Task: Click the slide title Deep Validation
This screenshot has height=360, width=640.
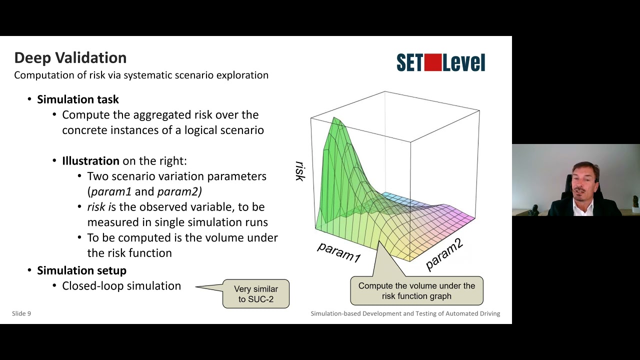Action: [x=70, y=58]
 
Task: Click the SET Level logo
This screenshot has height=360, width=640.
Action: [x=440, y=63]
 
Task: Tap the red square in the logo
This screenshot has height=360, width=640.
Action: [x=432, y=62]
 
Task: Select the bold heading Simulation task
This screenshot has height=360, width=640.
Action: [x=77, y=99]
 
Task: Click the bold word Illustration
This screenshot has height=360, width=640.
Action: [x=90, y=161]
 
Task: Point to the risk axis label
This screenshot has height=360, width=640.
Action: [x=299, y=171]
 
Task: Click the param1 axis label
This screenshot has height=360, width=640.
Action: [x=338, y=251]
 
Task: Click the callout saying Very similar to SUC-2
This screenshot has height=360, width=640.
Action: [x=256, y=294]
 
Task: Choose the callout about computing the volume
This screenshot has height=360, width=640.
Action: [x=416, y=291]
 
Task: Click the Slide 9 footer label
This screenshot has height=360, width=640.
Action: [x=21, y=313]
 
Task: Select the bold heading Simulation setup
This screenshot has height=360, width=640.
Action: [x=81, y=270]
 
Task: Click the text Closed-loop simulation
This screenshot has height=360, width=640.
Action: [x=121, y=286]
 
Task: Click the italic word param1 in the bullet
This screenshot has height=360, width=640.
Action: [x=111, y=191]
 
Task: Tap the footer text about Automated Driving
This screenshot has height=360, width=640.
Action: [x=405, y=313]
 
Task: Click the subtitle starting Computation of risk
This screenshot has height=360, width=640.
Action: [x=141, y=75]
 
